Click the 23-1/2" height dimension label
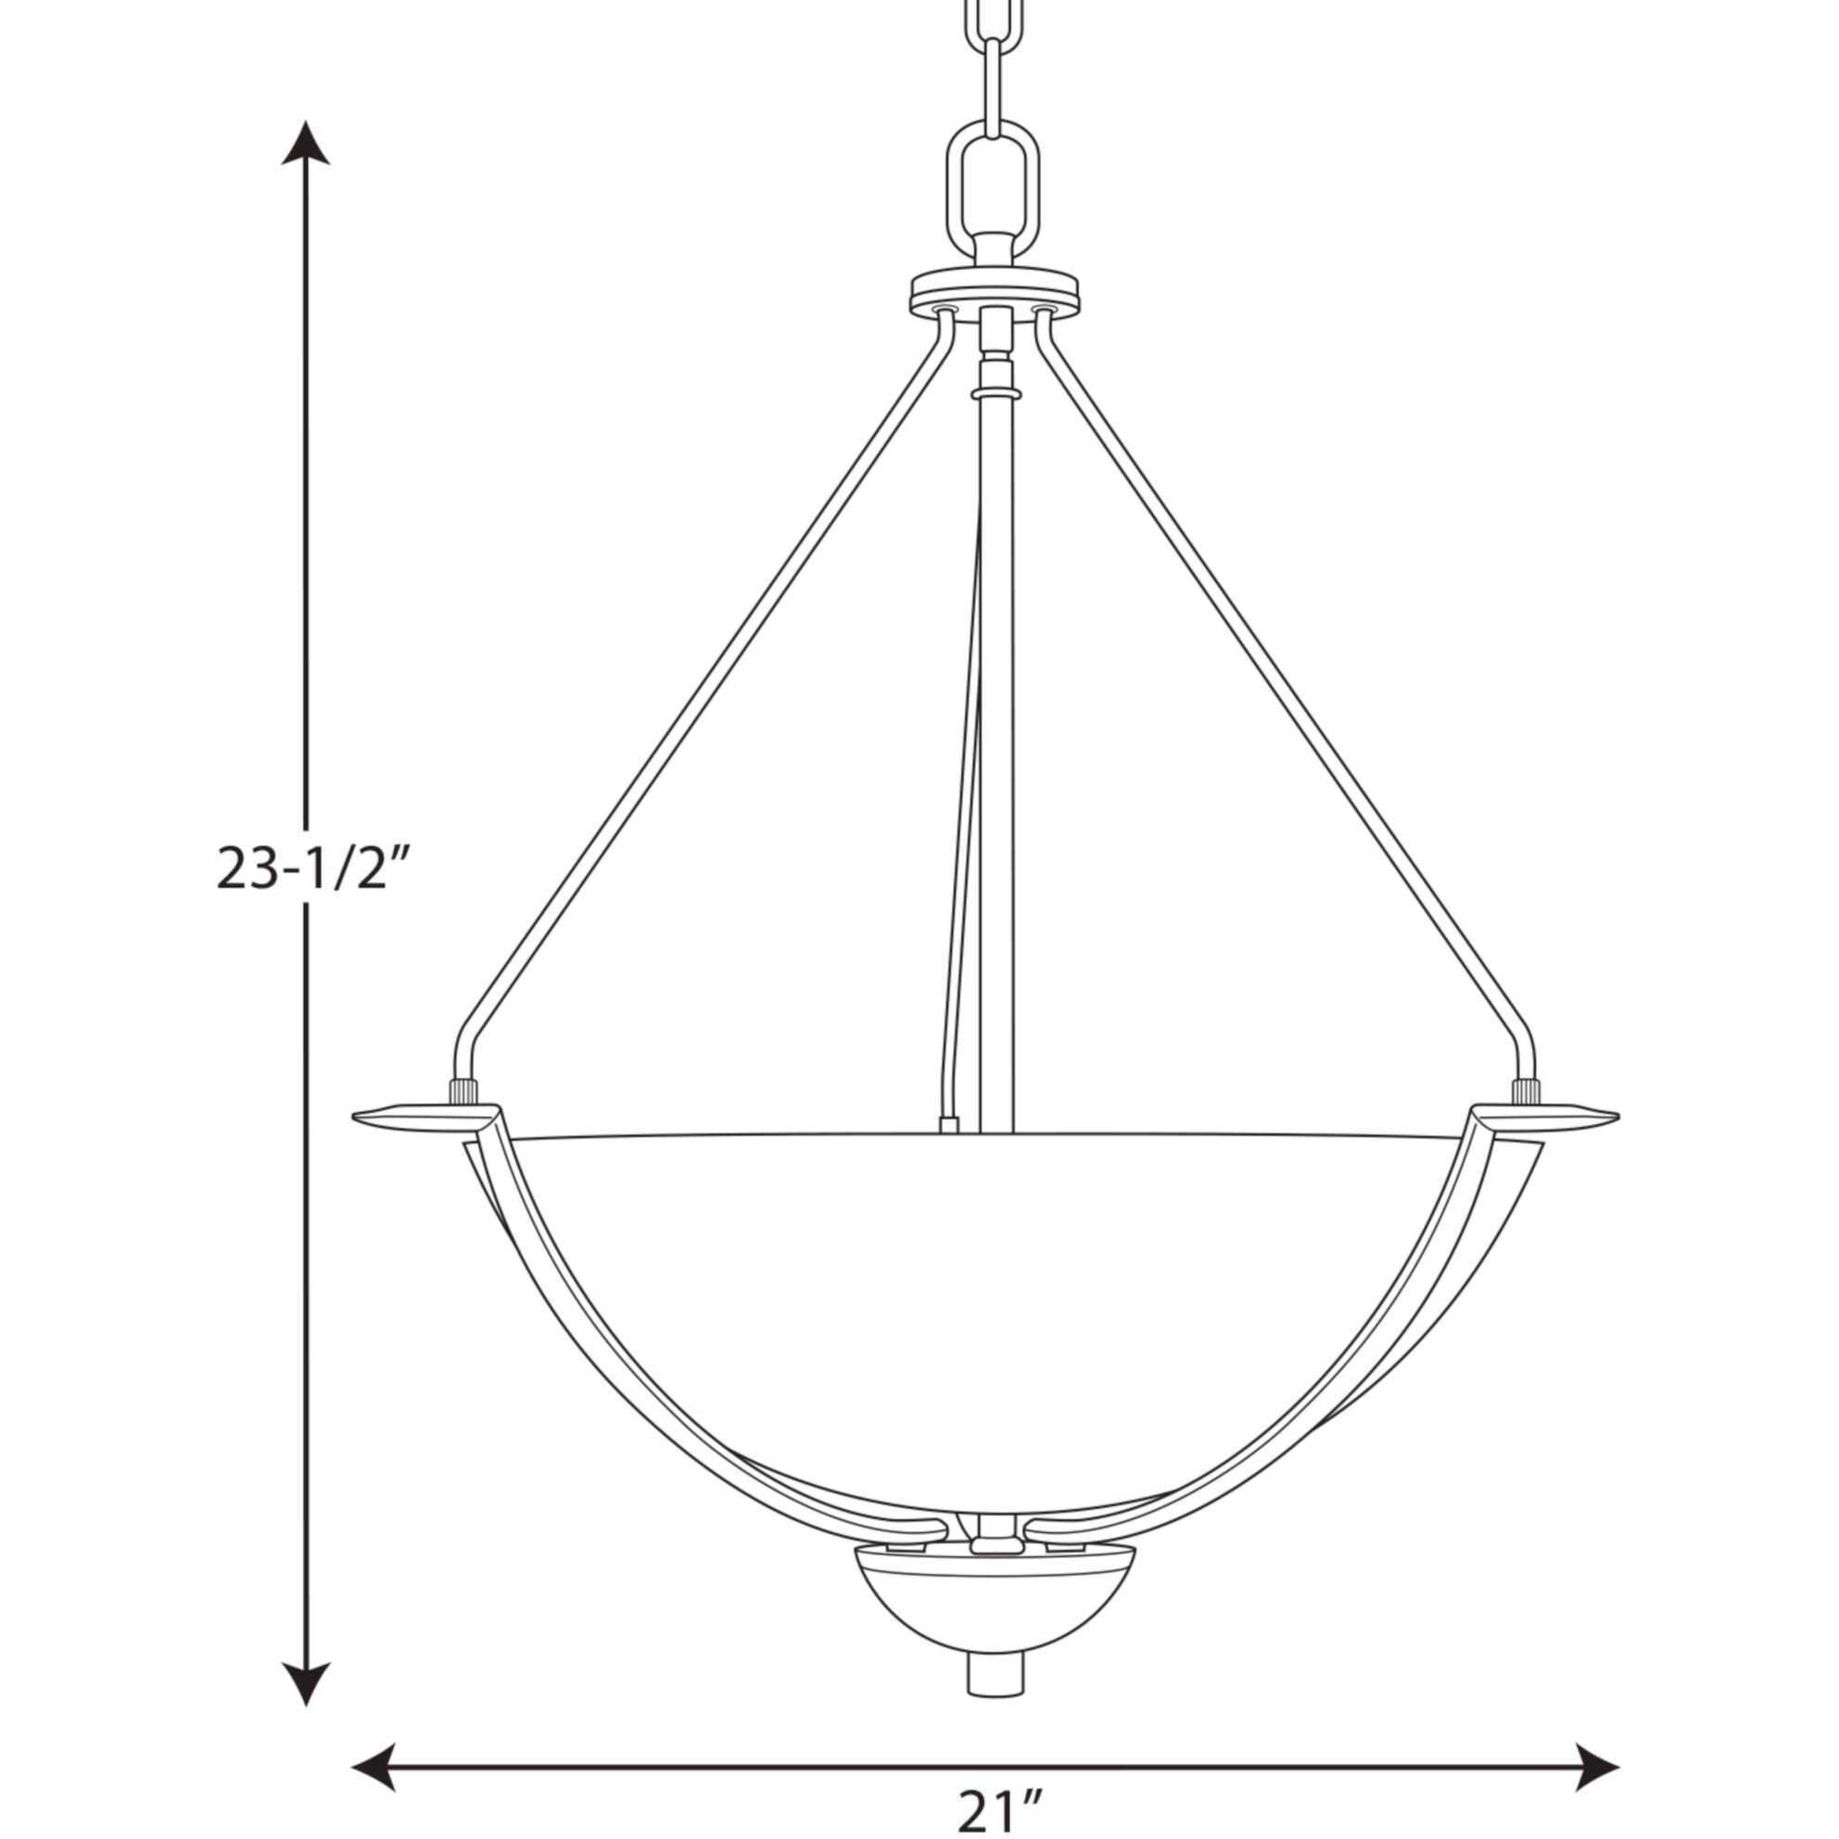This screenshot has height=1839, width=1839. [x=305, y=868]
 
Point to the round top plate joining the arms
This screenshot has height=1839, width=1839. [x=995, y=287]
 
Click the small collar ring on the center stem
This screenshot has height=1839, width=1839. [x=995, y=393]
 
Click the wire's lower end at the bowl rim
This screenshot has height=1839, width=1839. [x=948, y=1124]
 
